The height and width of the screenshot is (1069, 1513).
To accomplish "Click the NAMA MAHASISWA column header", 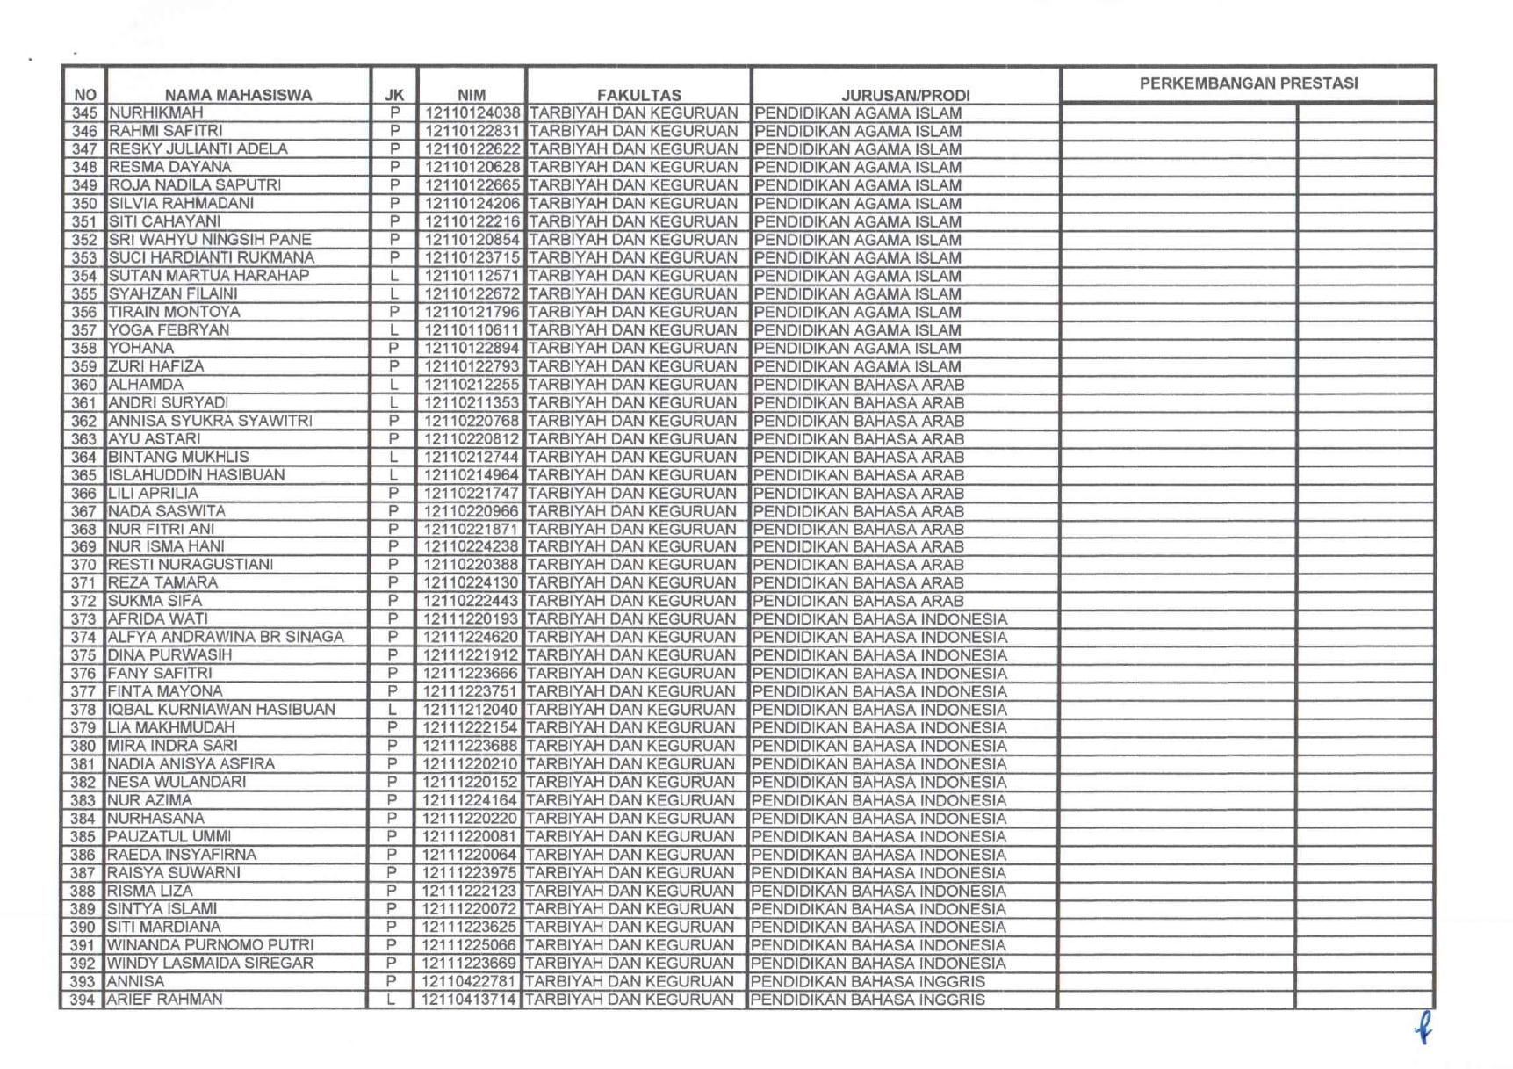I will click(238, 95).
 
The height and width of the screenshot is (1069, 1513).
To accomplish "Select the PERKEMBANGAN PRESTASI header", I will click(1248, 83).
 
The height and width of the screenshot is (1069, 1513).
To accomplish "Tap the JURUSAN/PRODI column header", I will click(905, 95).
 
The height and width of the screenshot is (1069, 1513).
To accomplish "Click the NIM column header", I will click(472, 95).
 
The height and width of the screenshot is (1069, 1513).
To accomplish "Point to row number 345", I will click(84, 113).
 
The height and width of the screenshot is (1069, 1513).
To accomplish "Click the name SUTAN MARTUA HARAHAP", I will click(209, 276).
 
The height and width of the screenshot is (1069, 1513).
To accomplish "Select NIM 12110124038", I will click(472, 113).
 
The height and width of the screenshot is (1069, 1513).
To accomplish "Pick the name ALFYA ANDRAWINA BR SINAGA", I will click(226, 637).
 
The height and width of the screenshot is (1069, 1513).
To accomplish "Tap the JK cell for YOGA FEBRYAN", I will click(394, 330).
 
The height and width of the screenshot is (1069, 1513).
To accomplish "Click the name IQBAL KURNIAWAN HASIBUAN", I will click(221, 709).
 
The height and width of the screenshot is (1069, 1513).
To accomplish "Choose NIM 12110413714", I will click(469, 1000).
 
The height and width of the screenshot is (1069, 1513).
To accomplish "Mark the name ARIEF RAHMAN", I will click(165, 1000).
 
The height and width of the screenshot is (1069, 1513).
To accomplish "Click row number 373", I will click(83, 619).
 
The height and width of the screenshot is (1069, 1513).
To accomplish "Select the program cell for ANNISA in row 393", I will click(868, 981).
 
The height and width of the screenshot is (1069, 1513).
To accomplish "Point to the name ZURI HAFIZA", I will click(156, 366).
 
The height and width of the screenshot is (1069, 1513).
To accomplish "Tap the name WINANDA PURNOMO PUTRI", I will click(210, 945).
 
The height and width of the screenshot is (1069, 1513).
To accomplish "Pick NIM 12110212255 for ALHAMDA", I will click(472, 385).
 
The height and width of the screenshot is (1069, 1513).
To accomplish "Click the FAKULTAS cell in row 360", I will click(632, 385).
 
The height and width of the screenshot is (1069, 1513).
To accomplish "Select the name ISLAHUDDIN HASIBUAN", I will click(197, 475).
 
